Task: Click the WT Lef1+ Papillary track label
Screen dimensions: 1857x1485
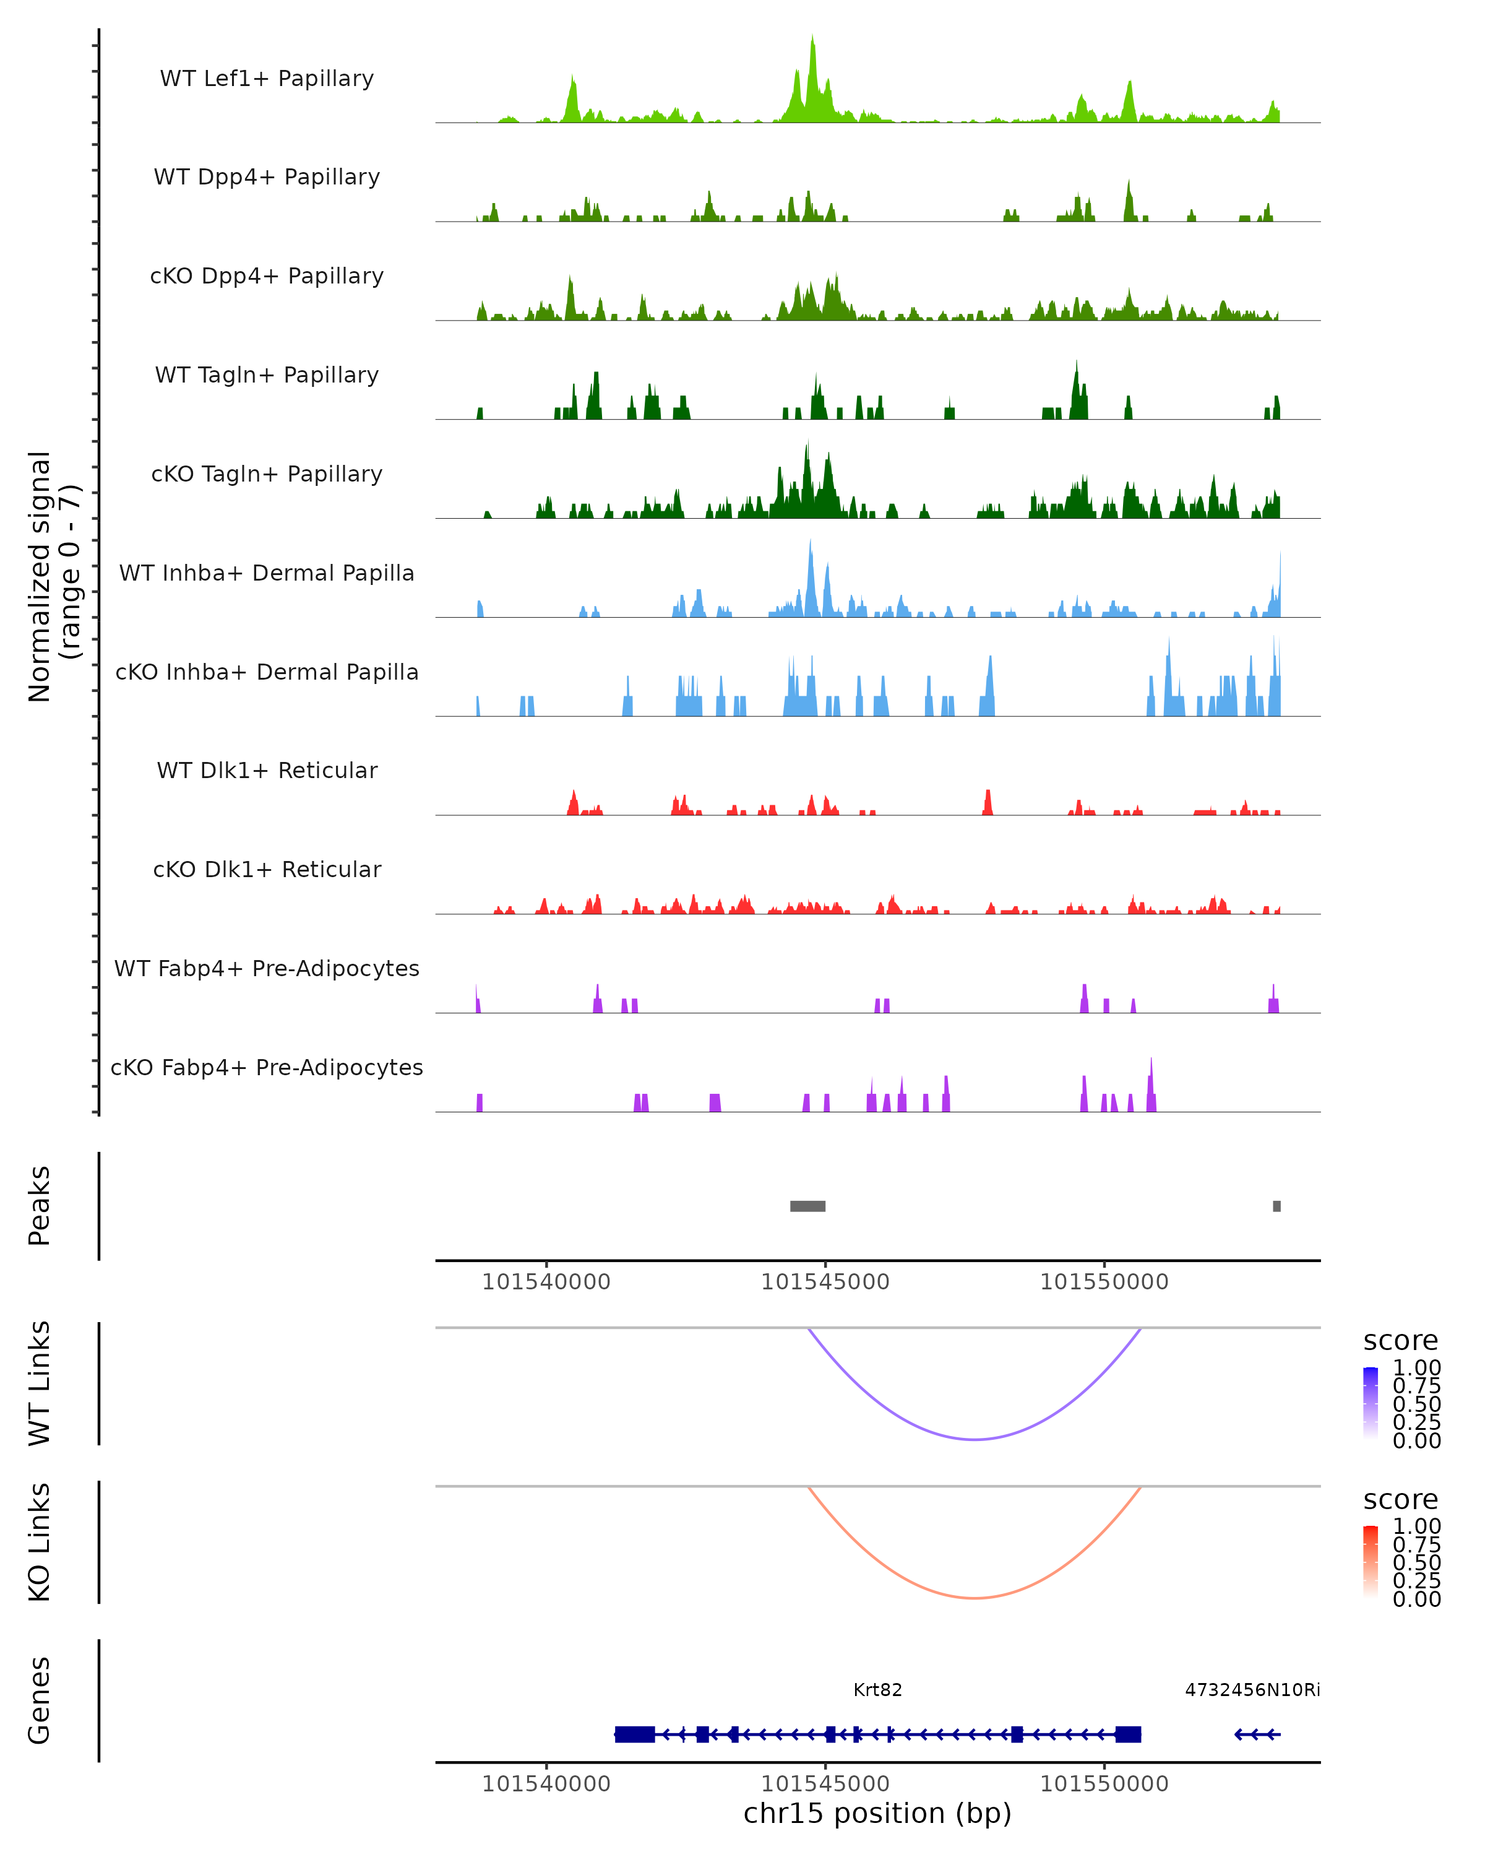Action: pyautogui.click(x=267, y=79)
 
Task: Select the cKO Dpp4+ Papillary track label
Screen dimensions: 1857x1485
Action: pyautogui.click(x=267, y=275)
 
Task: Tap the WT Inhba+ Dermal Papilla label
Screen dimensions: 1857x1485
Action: pyautogui.click(x=267, y=573)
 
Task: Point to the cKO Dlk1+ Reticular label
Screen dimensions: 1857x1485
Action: pyautogui.click(x=267, y=869)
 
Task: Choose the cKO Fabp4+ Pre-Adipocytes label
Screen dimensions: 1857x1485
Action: pyautogui.click(x=267, y=1067)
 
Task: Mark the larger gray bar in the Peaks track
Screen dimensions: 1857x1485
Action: pyautogui.click(x=807, y=1206)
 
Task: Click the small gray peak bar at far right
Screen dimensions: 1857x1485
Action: pyautogui.click(x=1276, y=1206)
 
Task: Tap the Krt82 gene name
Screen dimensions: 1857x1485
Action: pyautogui.click(x=877, y=1690)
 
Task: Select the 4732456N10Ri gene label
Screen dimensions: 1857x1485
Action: pyautogui.click(x=1252, y=1690)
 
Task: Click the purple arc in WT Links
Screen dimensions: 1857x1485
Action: pyautogui.click(x=974, y=1439)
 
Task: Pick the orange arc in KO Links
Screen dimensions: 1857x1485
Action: pyautogui.click(x=974, y=1598)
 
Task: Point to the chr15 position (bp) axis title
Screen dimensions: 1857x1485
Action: pyautogui.click(x=877, y=1814)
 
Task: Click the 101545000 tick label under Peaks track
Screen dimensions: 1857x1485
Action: pyautogui.click(x=825, y=1282)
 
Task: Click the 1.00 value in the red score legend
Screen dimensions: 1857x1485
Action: pyautogui.click(x=1416, y=1527)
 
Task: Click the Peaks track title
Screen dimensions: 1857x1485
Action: pyautogui.click(x=40, y=1205)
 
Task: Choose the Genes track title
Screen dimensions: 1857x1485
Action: pyautogui.click(x=40, y=1700)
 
